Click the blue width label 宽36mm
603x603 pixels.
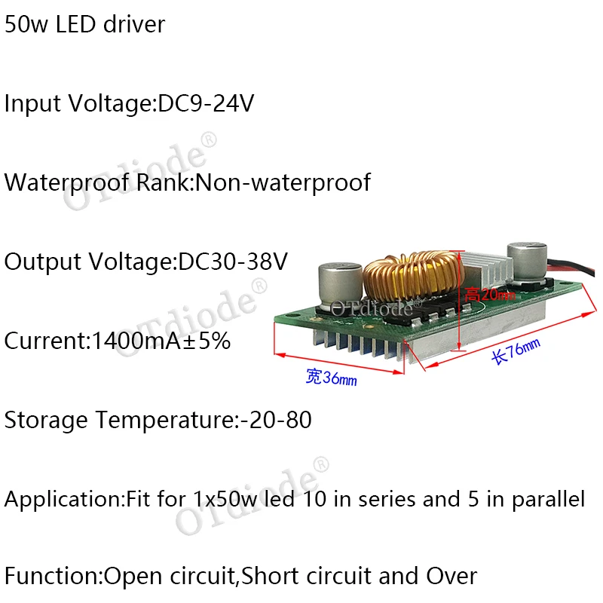coord(331,378)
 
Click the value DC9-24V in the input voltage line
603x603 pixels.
coord(205,103)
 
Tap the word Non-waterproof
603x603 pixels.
coord(283,182)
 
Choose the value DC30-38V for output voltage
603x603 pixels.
coord(233,262)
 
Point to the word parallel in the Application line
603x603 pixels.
coord(546,499)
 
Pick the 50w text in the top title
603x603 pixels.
coord(23,24)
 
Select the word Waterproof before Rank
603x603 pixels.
coord(68,182)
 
